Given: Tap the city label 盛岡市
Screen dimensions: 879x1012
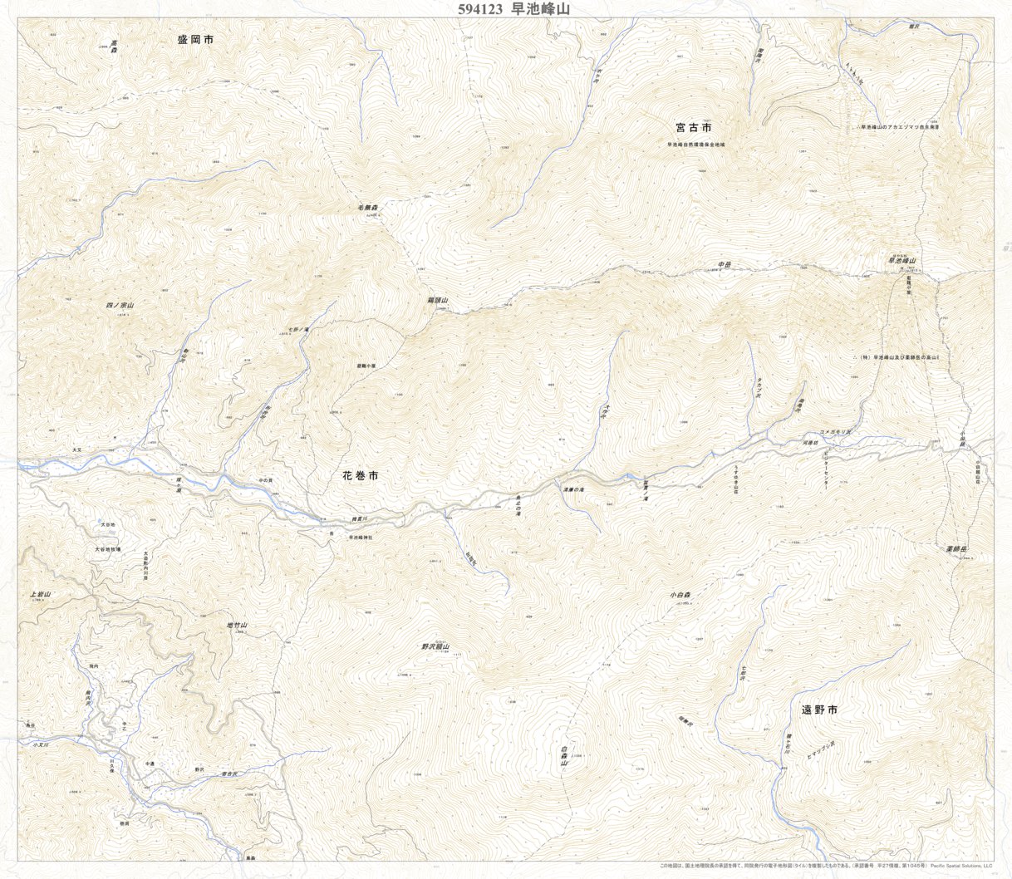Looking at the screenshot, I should click(195, 39).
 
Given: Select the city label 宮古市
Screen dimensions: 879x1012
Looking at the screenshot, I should click(693, 127).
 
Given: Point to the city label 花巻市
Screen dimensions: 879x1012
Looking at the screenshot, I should click(361, 476).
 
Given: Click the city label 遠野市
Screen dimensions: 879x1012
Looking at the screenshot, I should click(818, 710).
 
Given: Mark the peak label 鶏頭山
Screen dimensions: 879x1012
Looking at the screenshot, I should click(438, 300).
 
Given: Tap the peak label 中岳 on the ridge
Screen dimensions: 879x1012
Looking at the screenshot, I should click(724, 265).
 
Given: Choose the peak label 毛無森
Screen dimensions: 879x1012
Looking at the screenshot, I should click(362, 207).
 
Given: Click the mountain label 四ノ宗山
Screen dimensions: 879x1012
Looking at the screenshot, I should click(120, 306).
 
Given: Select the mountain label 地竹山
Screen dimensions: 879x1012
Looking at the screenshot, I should click(238, 625).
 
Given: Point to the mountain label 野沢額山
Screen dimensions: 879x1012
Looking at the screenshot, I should click(435, 646).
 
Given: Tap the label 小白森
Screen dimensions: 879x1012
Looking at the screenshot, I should click(680, 595).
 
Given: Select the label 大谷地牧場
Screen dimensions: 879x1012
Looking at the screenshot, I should click(107, 549).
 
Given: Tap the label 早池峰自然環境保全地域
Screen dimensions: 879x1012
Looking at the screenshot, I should click(695, 145).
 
